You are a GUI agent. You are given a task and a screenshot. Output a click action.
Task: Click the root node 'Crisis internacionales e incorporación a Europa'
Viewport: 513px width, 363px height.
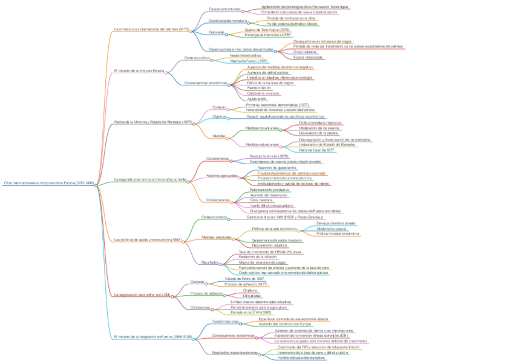pos(48,182)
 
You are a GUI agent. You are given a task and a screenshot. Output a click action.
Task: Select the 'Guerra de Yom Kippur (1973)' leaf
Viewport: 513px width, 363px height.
pos(267,28)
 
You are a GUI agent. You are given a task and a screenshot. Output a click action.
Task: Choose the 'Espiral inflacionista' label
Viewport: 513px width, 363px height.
pos(308,57)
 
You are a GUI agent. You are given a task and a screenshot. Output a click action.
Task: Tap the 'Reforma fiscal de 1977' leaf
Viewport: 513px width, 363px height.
pos(316,150)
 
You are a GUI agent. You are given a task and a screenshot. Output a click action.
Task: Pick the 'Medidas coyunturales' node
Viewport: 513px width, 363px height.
pos(262,128)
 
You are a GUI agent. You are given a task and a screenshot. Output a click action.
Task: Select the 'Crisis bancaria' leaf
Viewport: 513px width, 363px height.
pos(263,200)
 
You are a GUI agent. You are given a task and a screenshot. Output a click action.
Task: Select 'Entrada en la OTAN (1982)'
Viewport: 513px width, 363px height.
pos(238,312)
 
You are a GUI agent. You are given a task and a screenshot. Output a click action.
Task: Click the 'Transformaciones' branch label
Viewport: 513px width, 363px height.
pos(225,321)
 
